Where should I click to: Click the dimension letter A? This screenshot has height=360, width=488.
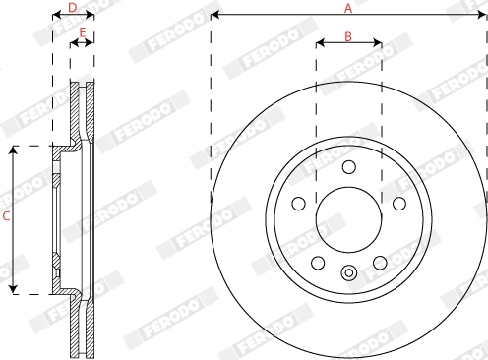[348, 8]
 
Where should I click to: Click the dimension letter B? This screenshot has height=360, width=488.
[348, 35]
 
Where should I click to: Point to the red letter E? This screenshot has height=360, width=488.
[83, 33]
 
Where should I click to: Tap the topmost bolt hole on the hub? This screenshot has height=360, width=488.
[348, 167]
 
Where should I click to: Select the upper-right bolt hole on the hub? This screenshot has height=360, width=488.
[398, 203]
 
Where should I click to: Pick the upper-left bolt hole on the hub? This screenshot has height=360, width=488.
[299, 203]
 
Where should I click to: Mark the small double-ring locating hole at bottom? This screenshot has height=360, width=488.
[348, 272]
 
